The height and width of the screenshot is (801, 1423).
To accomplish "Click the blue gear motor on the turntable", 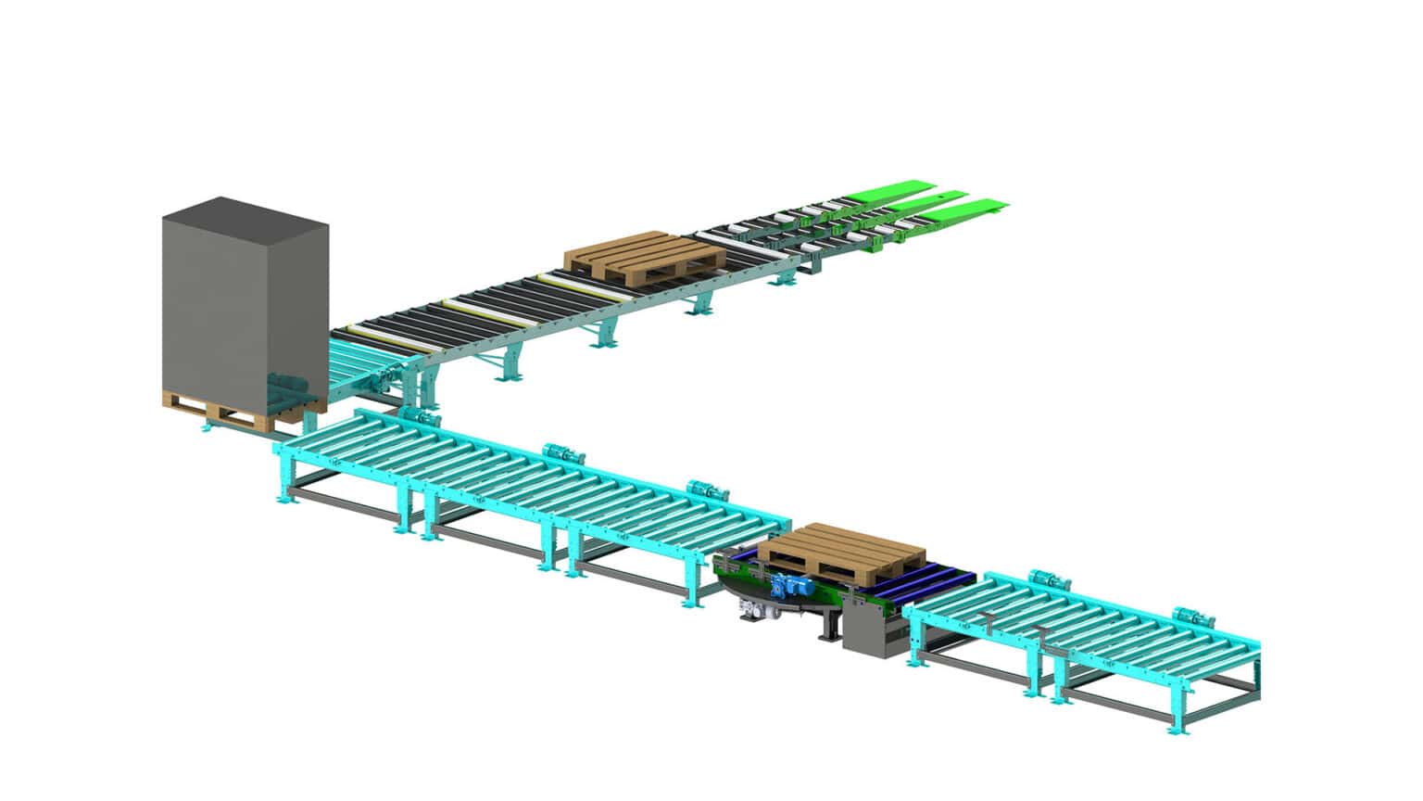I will tap(793, 587).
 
